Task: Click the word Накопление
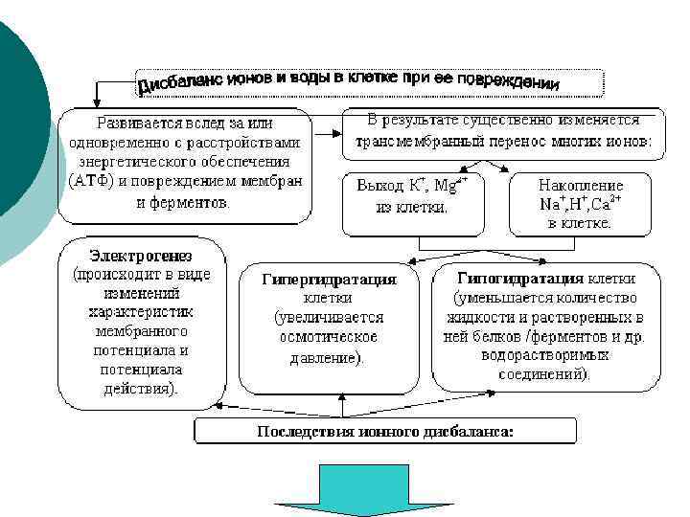pos(581,185)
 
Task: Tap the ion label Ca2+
pos(606,203)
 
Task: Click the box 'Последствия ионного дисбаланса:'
pos(385,432)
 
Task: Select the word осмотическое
pos(329,337)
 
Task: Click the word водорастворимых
pos(545,355)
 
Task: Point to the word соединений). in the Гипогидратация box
pos(545,373)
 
